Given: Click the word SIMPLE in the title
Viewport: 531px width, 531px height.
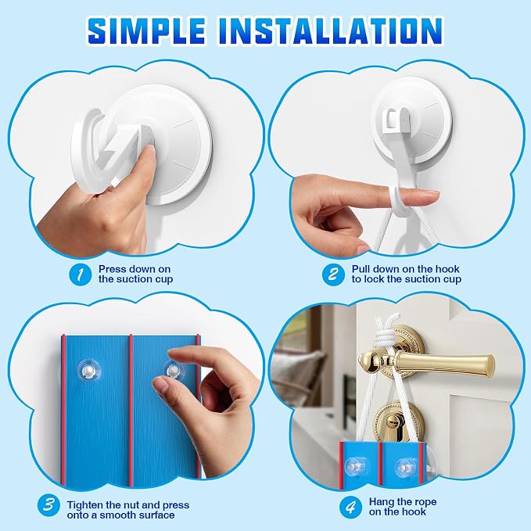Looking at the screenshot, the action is click(146, 30).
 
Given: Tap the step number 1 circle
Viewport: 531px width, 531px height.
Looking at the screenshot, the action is click(81, 274).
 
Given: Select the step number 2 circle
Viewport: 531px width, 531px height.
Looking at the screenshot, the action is click(334, 274).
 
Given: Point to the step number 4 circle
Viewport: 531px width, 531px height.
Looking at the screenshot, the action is click(351, 507).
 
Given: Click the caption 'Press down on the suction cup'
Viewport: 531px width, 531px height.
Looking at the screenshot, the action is click(135, 274).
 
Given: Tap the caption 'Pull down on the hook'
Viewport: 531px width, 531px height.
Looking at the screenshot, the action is click(406, 269).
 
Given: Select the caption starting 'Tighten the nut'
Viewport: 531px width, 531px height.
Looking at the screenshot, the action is click(128, 511).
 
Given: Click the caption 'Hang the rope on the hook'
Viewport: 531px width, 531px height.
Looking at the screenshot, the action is click(403, 507).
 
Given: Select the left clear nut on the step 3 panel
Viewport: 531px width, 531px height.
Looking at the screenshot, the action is click(88, 371).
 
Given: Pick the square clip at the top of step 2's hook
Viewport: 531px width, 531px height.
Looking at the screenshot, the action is click(392, 119).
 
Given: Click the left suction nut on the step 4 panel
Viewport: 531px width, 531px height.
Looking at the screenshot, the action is click(354, 467).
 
